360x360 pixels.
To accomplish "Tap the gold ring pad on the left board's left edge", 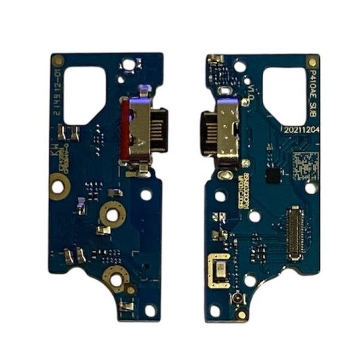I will [x=59, y=179].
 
